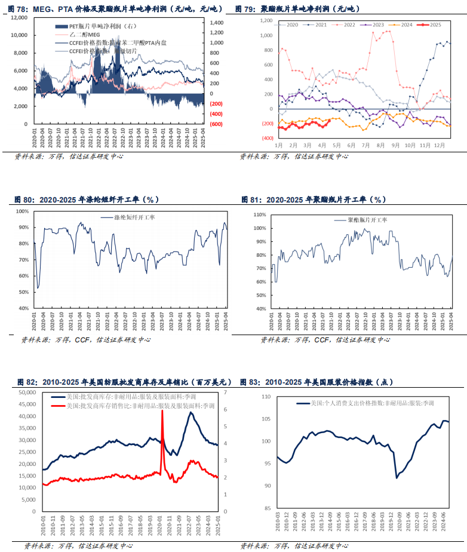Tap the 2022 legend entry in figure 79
pyautogui.click(x=345, y=25)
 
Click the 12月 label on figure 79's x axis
pyautogui.click(x=439, y=145)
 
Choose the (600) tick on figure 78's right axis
pyautogui.click(x=216, y=124)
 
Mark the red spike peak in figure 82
pyautogui.click(x=162, y=411)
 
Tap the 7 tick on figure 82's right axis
pyautogui.click(x=226, y=392)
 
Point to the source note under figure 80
pyautogui.click(x=86, y=340)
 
